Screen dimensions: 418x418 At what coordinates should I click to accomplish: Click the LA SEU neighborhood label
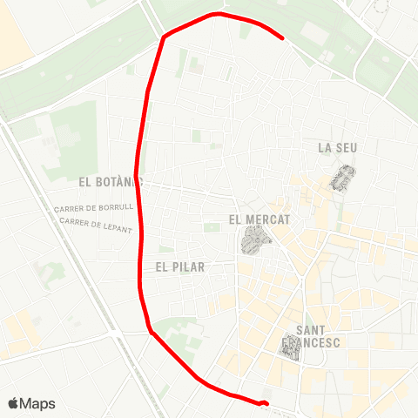click(x=337, y=148)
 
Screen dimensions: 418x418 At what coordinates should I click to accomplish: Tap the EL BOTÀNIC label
click(x=110, y=183)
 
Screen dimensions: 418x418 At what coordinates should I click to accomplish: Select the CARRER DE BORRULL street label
click(x=93, y=209)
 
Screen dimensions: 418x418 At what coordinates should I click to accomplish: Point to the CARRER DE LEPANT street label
click(x=97, y=225)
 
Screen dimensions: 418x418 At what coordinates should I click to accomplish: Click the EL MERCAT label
click(x=260, y=220)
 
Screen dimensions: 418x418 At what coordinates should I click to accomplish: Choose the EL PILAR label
click(x=180, y=267)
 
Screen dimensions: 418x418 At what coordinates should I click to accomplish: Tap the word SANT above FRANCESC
click(x=311, y=330)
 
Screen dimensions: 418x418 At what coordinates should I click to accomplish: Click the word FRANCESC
click(x=320, y=342)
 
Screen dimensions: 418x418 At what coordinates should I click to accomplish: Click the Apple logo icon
click(x=13, y=403)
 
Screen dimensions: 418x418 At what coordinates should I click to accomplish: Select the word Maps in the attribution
click(x=37, y=403)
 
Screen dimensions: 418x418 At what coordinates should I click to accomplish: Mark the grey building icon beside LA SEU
click(x=343, y=178)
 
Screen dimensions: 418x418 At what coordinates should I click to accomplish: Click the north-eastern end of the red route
click(x=284, y=38)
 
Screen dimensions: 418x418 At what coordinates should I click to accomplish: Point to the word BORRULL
click(x=116, y=209)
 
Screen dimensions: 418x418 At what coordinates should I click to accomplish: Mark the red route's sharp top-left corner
click(x=163, y=37)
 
